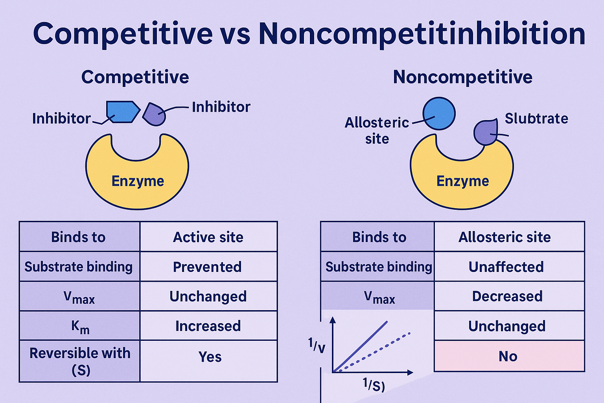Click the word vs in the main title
click(235, 34)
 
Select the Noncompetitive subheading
click(462, 77)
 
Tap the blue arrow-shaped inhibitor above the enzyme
click(123, 112)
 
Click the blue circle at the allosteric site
click(439, 114)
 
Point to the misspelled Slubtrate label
click(536, 118)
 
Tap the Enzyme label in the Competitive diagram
click(138, 181)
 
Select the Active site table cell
click(208, 237)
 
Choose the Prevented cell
click(207, 267)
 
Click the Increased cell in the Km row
click(208, 326)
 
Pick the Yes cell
click(210, 357)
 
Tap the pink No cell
click(508, 356)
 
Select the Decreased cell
click(507, 296)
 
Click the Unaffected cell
click(506, 267)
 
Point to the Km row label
click(80, 326)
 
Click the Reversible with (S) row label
click(80, 361)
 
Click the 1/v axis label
click(317, 346)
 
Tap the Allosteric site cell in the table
click(505, 237)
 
